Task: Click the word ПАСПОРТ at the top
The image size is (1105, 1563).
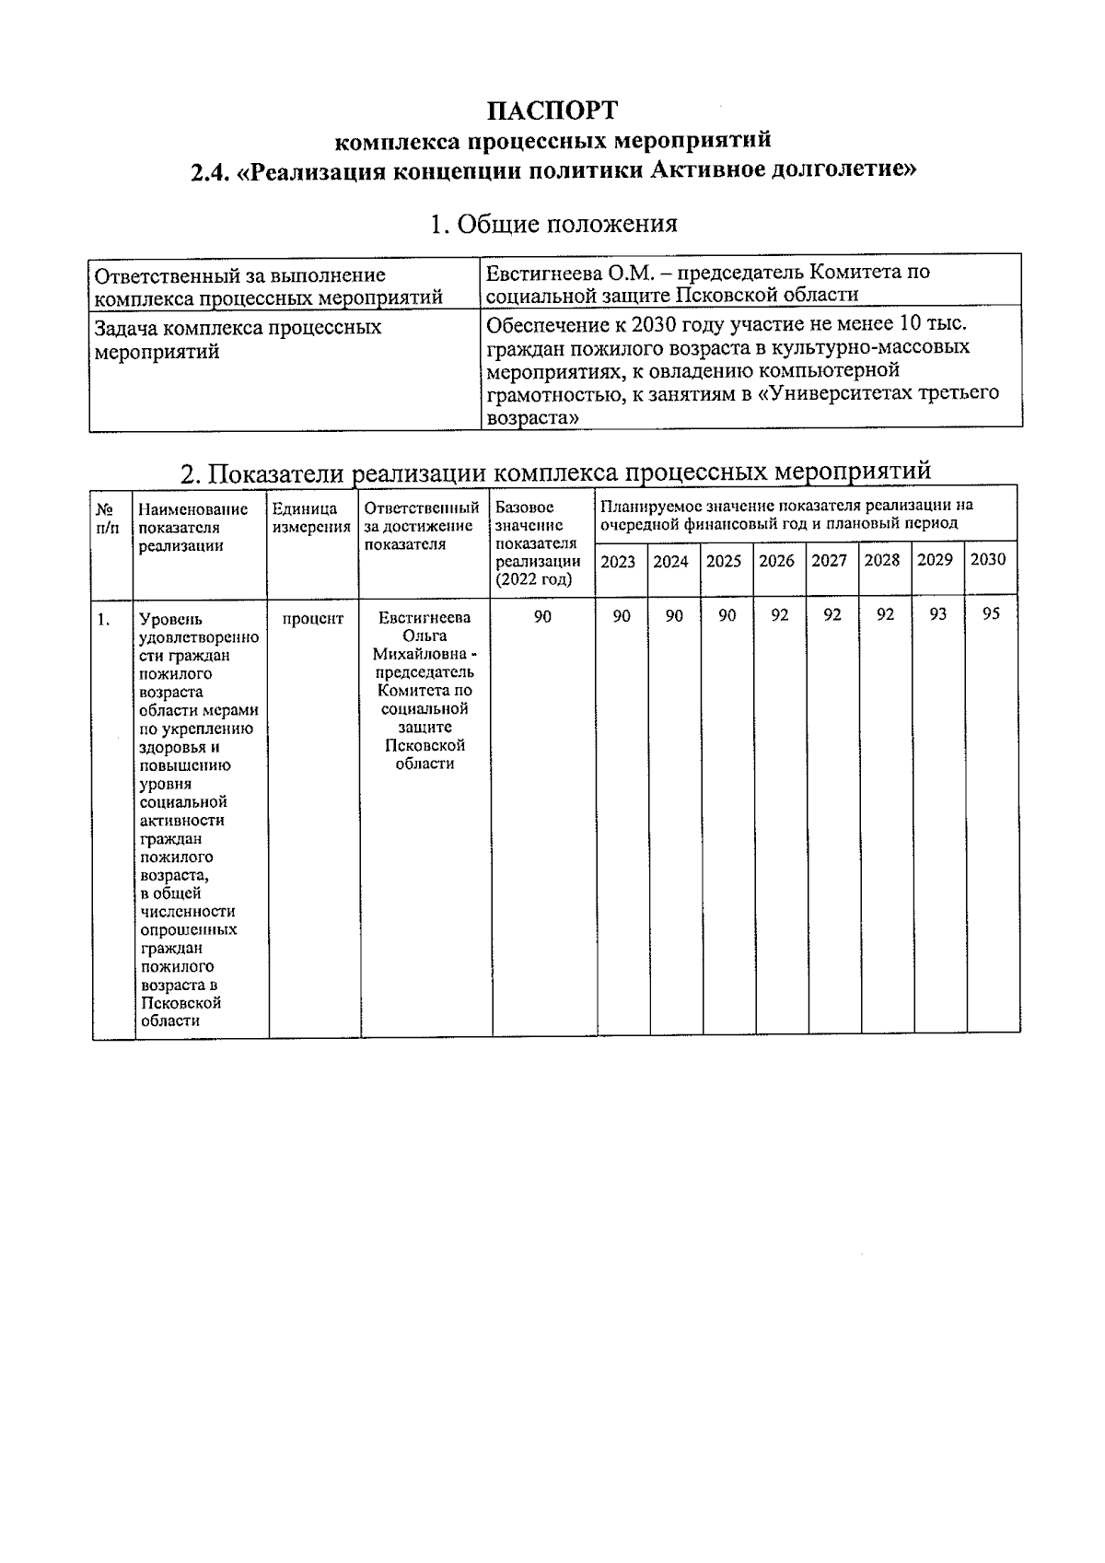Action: pos(552,111)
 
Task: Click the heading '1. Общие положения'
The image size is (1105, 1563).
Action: pos(553,224)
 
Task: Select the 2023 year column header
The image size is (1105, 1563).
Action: pos(618,561)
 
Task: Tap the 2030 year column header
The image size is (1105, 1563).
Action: pos(988,559)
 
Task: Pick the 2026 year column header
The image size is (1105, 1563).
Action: pos(776,560)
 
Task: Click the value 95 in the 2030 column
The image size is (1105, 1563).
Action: pos(991,614)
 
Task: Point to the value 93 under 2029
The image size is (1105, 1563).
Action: pos(937,614)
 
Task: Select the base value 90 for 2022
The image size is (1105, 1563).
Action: pos(542,616)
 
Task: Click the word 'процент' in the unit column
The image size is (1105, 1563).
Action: pos(312,619)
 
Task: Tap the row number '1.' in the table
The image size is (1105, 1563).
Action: pos(104,620)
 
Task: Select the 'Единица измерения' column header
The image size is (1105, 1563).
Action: pos(311,518)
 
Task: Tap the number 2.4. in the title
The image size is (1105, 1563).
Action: pos(210,172)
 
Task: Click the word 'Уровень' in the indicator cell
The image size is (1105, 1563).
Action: pos(170,620)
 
